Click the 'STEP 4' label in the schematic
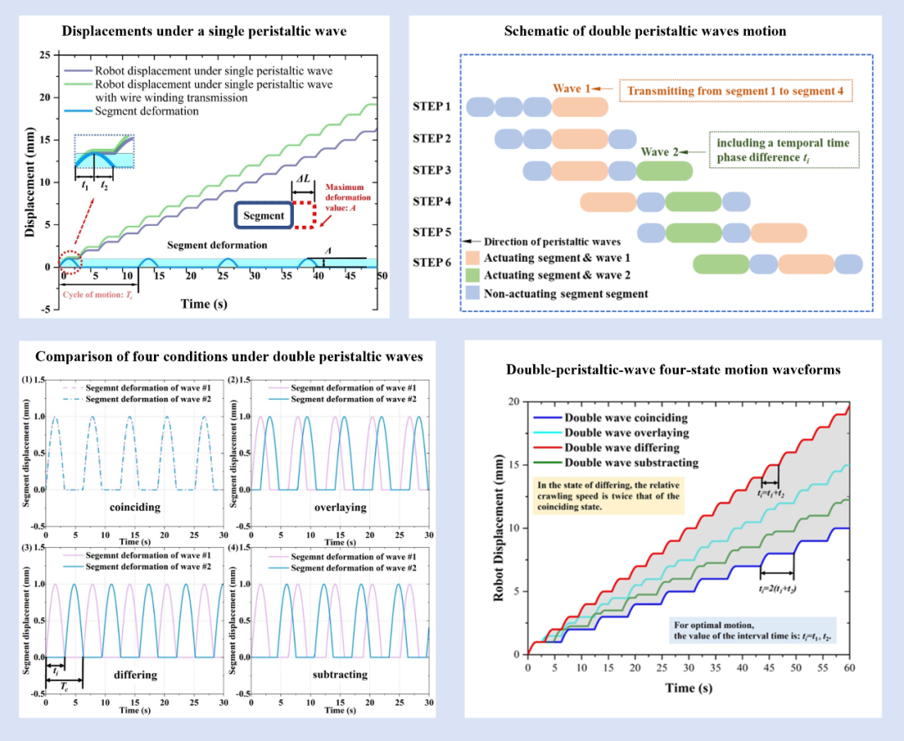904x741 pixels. pyautogui.click(x=432, y=201)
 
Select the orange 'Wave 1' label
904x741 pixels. pyautogui.click(x=573, y=88)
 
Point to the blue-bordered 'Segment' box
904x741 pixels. pyautogui.click(x=265, y=215)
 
